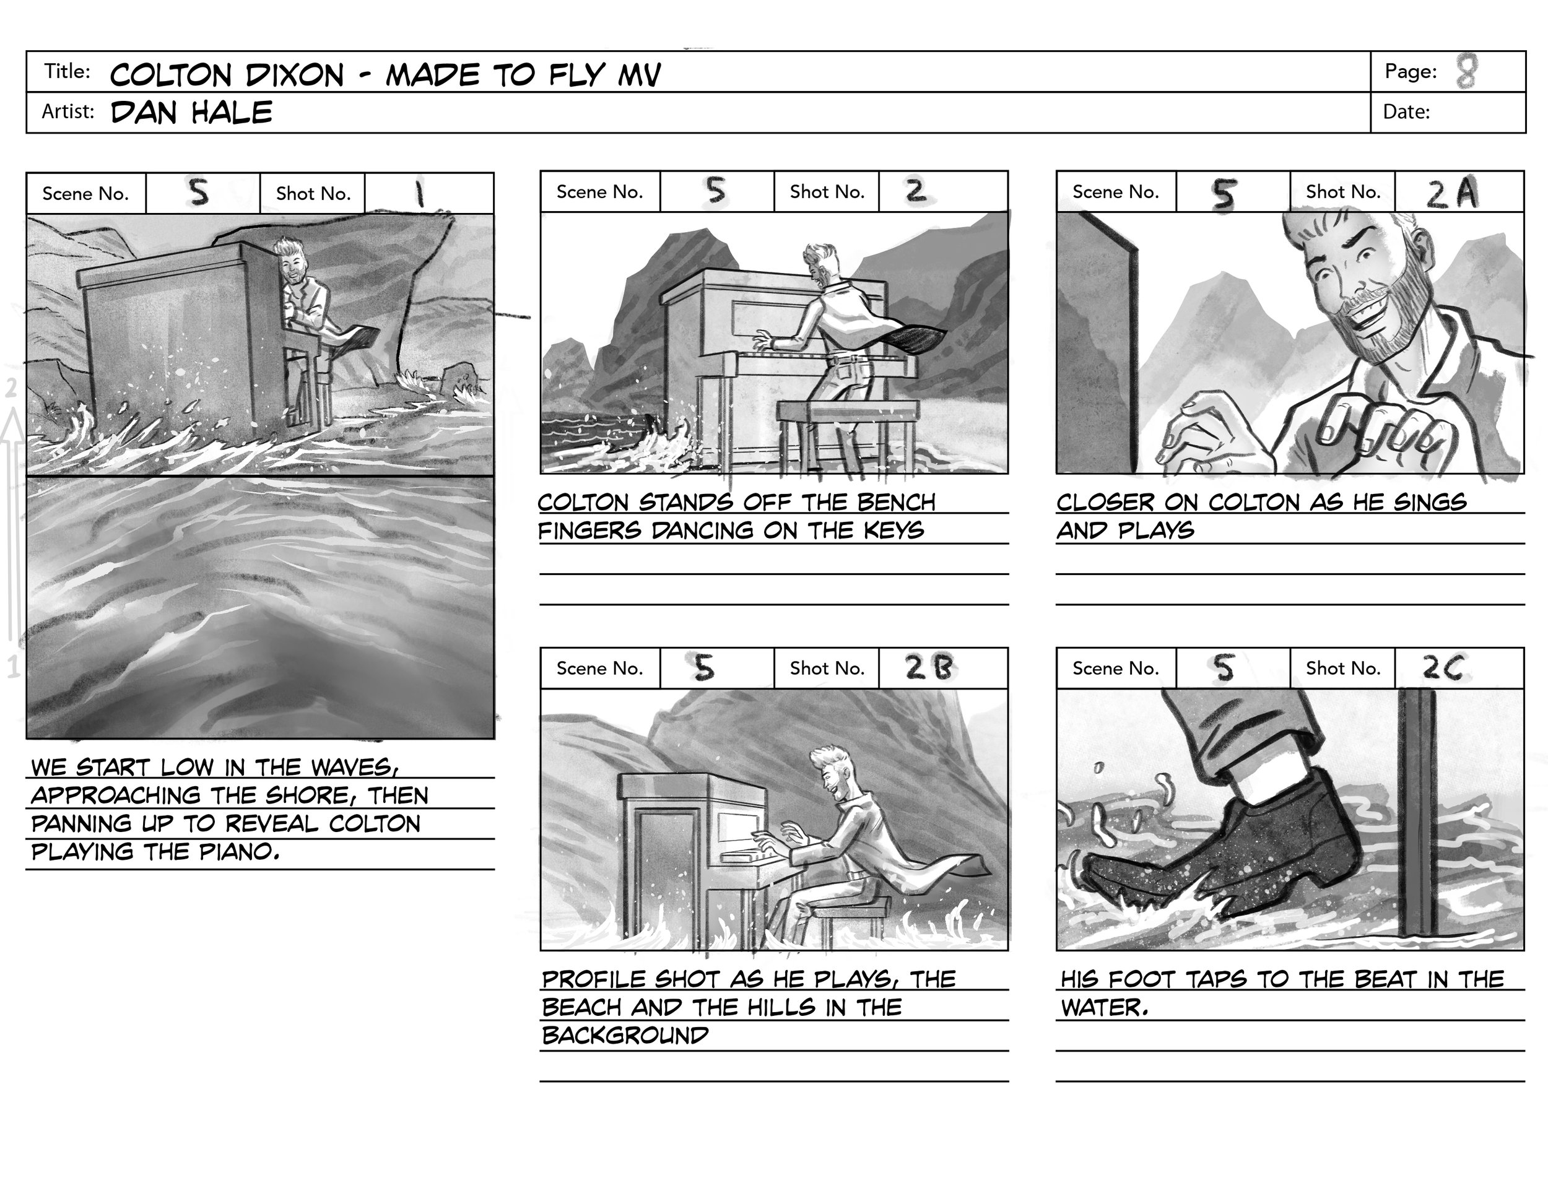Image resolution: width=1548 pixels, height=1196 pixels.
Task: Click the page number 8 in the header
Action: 1466,72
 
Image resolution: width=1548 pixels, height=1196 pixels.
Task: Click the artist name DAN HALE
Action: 191,113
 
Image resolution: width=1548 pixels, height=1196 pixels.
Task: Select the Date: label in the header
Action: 1406,112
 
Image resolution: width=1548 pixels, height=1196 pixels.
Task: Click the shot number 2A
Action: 1451,193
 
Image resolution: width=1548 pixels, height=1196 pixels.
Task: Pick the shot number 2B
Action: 929,668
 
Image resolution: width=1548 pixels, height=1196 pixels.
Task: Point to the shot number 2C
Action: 1441,668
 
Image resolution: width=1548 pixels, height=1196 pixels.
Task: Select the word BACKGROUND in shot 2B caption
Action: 625,1036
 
